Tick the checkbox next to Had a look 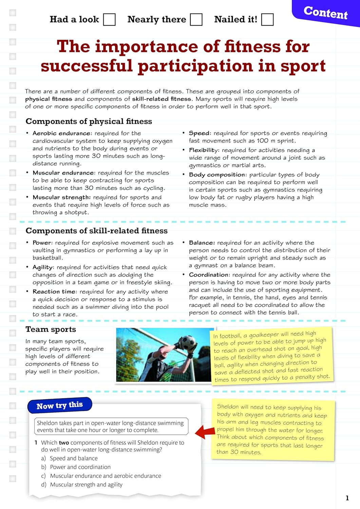[109, 20]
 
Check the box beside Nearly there [196, 20]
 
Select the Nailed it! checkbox [267, 20]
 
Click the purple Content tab [325, 13]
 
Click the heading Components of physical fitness [89, 121]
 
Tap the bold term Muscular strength [61, 197]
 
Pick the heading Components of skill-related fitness [96, 231]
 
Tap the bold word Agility [43, 267]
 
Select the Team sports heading [51, 329]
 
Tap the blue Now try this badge [60, 406]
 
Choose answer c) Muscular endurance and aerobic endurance [105, 476]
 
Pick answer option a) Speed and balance [73, 458]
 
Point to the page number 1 [347, 498]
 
